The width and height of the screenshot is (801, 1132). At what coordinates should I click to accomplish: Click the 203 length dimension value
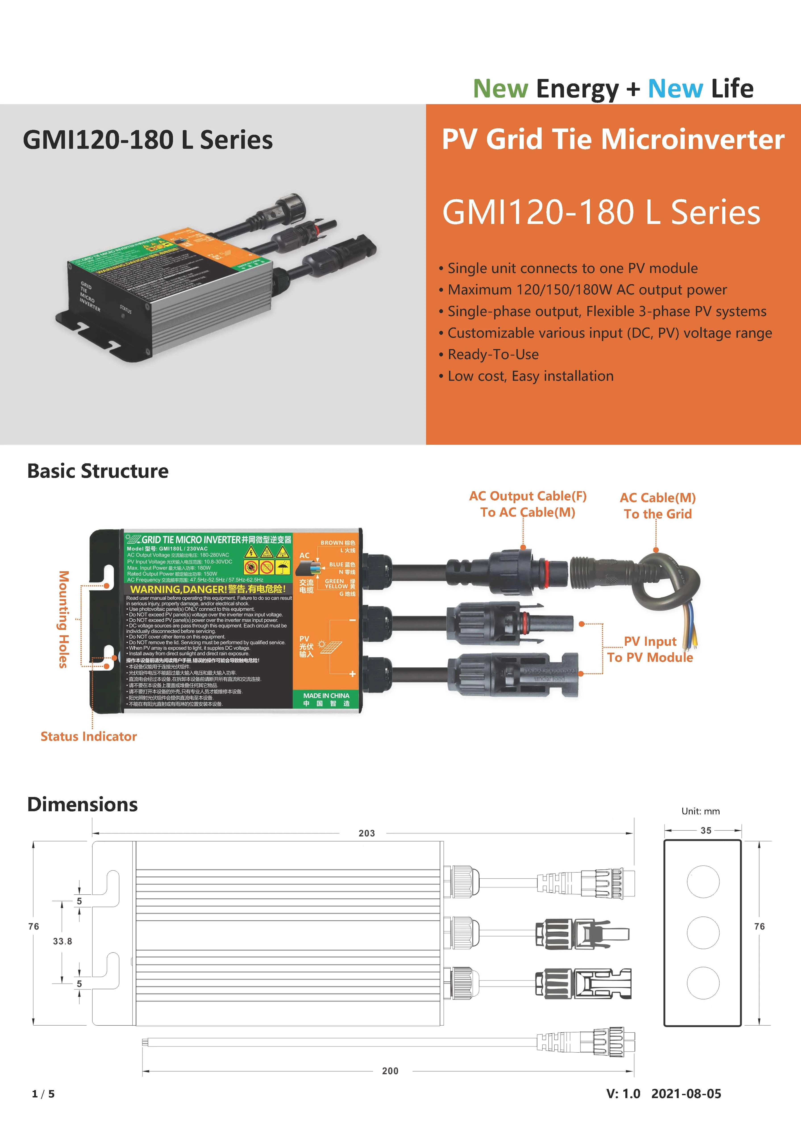coord(366,833)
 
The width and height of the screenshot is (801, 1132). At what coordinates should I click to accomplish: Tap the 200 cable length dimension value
coord(390,1071)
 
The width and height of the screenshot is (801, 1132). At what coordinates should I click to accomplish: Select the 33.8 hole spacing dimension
coord(63,941)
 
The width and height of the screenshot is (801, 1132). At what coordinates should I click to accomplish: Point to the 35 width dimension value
coord(706,830)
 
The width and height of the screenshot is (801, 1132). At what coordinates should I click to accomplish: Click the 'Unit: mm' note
coord(700,811)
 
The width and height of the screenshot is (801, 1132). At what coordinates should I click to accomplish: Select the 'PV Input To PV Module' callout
coord(650,649)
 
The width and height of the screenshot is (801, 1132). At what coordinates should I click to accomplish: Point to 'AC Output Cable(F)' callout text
coord(528,496)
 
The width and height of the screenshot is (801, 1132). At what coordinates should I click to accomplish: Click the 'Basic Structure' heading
coord(98,471)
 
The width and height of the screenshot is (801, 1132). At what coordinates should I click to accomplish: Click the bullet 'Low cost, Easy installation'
coord(530,376)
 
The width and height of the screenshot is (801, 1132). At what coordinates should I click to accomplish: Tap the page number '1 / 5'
coord(43,1094)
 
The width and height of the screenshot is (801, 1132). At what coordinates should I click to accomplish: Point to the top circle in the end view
coord(703,882)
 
